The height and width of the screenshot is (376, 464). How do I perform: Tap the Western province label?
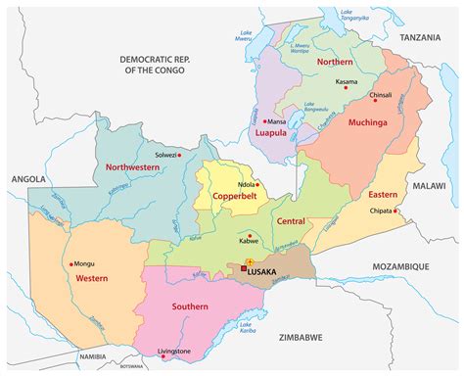click(91, 279)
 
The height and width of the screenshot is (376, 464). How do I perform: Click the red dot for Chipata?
click(396, 211)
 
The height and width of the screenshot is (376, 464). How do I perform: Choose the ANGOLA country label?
click(28, 180)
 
